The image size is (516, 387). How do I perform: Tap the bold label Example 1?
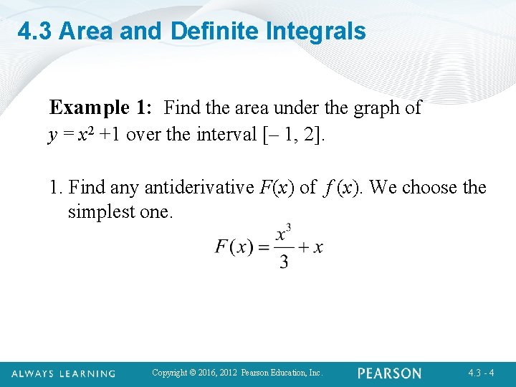(x=100, y=108)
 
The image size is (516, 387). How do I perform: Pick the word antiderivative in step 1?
(x=199, y=188)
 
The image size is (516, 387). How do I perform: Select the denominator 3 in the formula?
(x=284, y=262)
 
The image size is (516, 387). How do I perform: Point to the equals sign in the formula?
(x=263, y=247)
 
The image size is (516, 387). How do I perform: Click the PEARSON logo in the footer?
(x=389, y=373)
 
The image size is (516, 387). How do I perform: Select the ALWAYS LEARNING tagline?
(x=64, y=373)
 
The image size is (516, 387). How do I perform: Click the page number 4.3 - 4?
(x=481, y=373)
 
